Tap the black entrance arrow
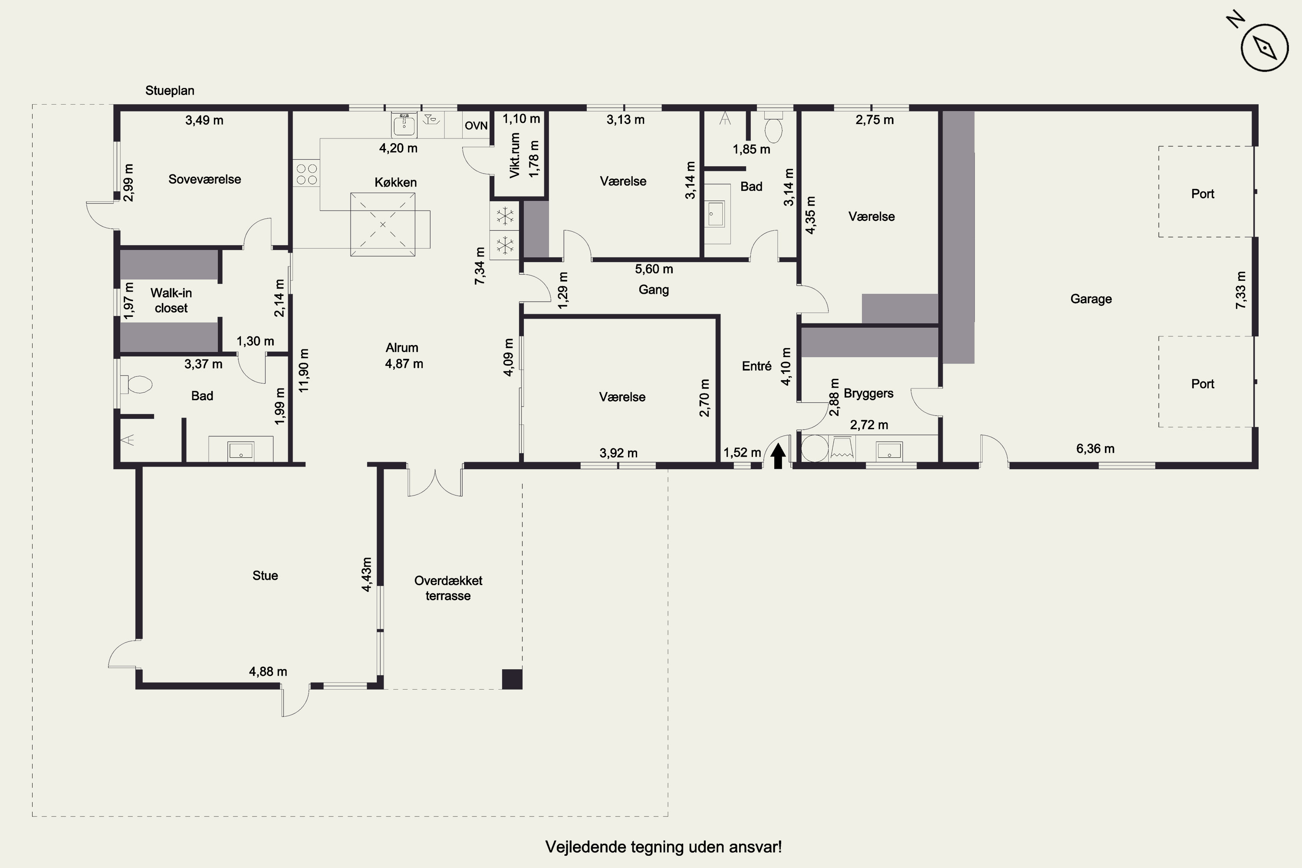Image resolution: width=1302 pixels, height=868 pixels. pos(778,456)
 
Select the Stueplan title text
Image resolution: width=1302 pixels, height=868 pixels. pos(169,90)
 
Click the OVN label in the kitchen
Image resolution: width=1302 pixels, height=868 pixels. pos(476,126)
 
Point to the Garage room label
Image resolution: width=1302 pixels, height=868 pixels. pos(1091,299)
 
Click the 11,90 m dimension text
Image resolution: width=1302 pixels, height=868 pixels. pos(303,370)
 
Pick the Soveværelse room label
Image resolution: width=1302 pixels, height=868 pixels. pos(204,179)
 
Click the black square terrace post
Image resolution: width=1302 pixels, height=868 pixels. pos(512,679)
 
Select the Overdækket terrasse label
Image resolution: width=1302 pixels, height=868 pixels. pos(448,588)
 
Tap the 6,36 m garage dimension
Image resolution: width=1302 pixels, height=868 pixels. pos(1095,449)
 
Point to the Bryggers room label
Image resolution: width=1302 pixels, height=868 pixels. pos(868,394)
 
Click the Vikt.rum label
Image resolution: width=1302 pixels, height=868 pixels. pos(514,155)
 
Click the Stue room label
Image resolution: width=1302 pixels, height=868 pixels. pos(265,576)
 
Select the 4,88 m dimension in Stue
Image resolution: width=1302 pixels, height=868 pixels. pos(268,671)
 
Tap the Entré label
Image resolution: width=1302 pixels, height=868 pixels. pos(756,366)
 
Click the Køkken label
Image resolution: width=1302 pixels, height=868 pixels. pos(395,182)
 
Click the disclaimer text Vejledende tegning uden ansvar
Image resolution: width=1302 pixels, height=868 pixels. pos(663,847)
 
